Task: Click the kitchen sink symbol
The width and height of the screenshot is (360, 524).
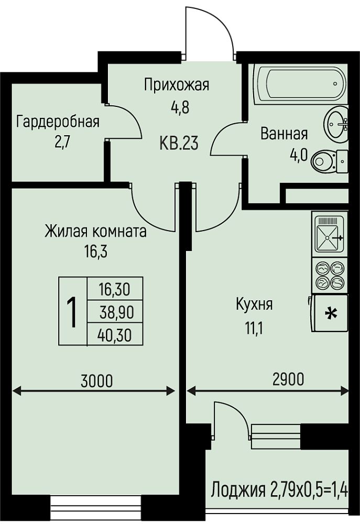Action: pos(329,234)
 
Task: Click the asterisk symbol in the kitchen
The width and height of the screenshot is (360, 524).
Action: pos(331,313)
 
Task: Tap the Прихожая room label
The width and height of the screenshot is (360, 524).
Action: pos(177,85)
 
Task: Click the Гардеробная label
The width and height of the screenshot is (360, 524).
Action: pos(58,122)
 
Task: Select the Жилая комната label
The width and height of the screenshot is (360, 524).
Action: pos(95,231)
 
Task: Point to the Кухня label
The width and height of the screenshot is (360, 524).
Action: pos(254,304)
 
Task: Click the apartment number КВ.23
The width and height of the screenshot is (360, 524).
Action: pos(179,144)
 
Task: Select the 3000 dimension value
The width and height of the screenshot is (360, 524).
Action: pos(97,381)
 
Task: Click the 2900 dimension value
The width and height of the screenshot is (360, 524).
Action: pos(288,379)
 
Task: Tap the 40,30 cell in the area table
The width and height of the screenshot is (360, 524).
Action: pos(114,335)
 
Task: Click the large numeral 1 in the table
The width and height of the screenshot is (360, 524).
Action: pos(72,312)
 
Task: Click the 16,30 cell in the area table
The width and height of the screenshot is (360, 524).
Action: pos(114,289)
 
